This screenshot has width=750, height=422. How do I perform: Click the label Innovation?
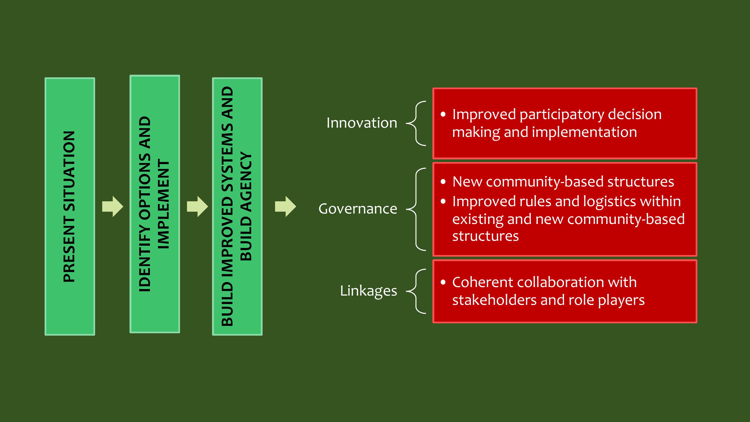click(362, 123)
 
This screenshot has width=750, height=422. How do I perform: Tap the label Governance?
click(358, 209)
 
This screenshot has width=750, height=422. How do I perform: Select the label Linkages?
click(369, 291)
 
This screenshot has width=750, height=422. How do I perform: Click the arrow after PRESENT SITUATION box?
click(113, 206)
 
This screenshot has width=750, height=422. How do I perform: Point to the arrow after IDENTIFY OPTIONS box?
click(197, 206)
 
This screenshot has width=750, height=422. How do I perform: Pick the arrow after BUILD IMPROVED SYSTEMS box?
click(286, 206)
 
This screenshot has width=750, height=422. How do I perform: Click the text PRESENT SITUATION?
click(69, 206)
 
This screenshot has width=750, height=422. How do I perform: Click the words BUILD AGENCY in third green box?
click(246, 206)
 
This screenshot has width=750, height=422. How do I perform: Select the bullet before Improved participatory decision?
click(443, 114)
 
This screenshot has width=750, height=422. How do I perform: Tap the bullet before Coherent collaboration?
click(443, 282)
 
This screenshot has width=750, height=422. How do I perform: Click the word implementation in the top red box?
click(584, 132)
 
